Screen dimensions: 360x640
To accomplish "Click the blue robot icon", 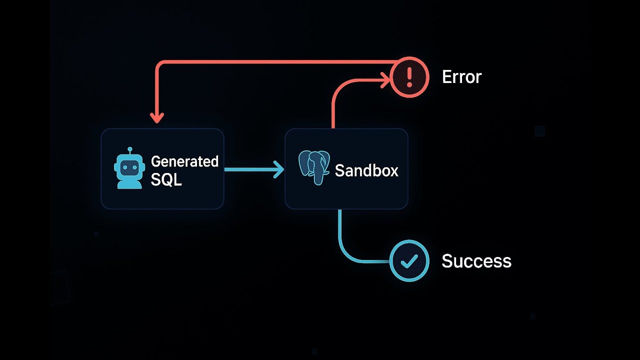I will click(129, 168).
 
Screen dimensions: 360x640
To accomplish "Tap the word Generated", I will click(184, 161).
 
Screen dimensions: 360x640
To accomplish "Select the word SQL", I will click(166, 179).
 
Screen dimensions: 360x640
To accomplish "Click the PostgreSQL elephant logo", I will click(314, 168).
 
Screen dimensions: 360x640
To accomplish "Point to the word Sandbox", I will click(366, 170).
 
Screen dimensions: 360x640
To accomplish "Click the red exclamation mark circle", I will click(409, 77).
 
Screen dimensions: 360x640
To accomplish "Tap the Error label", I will click(461, 77).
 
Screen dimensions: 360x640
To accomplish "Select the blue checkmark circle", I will click(409, 260).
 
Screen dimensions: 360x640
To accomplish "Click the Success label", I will click(476, 260).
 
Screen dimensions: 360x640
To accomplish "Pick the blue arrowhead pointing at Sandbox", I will click(277, 169).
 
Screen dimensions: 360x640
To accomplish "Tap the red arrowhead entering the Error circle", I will click(385, 77).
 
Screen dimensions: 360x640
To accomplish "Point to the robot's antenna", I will click(129, 150).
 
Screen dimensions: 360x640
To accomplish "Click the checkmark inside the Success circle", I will click(409, 261).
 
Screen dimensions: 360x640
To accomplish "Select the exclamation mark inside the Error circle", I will click(409, 77).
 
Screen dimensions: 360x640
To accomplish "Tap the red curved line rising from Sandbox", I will click(334, 100).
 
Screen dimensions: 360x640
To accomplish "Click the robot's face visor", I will click(129, 166).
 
